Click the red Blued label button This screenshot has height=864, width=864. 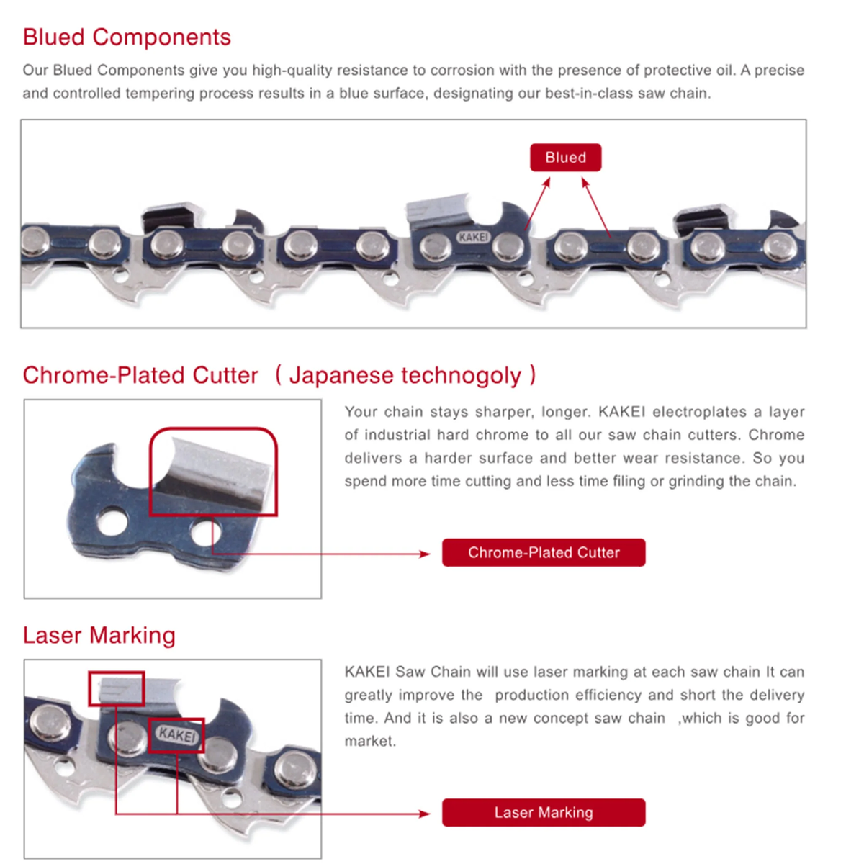pos(565,158)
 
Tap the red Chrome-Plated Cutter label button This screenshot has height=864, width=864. pos(544,552)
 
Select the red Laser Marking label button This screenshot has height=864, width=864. pos(544,812)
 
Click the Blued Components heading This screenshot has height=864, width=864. pos(127,37)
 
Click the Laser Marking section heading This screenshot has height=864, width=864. pos(99,635)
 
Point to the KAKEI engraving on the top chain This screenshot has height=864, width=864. pos(474,237)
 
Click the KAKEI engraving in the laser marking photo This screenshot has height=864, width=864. pos(176,735)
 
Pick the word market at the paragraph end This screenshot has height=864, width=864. pos(369,741)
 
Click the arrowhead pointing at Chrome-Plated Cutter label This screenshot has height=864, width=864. pos(424,554)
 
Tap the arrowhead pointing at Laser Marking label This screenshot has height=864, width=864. pos(424,814)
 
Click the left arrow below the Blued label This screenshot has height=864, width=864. pos(538,204)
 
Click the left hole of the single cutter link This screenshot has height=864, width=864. pos(112,522)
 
